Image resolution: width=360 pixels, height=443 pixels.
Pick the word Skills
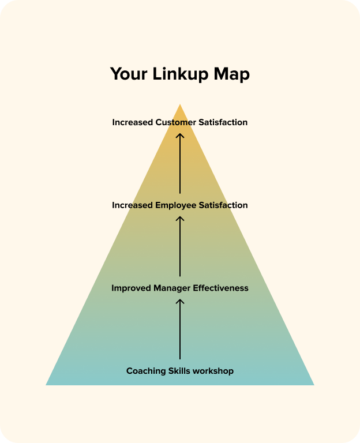[182, 371]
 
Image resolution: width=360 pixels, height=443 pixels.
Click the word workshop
[215, 371]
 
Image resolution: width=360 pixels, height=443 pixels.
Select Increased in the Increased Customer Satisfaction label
[133, 122]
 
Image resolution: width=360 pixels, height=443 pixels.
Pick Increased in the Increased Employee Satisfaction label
[133, 205]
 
